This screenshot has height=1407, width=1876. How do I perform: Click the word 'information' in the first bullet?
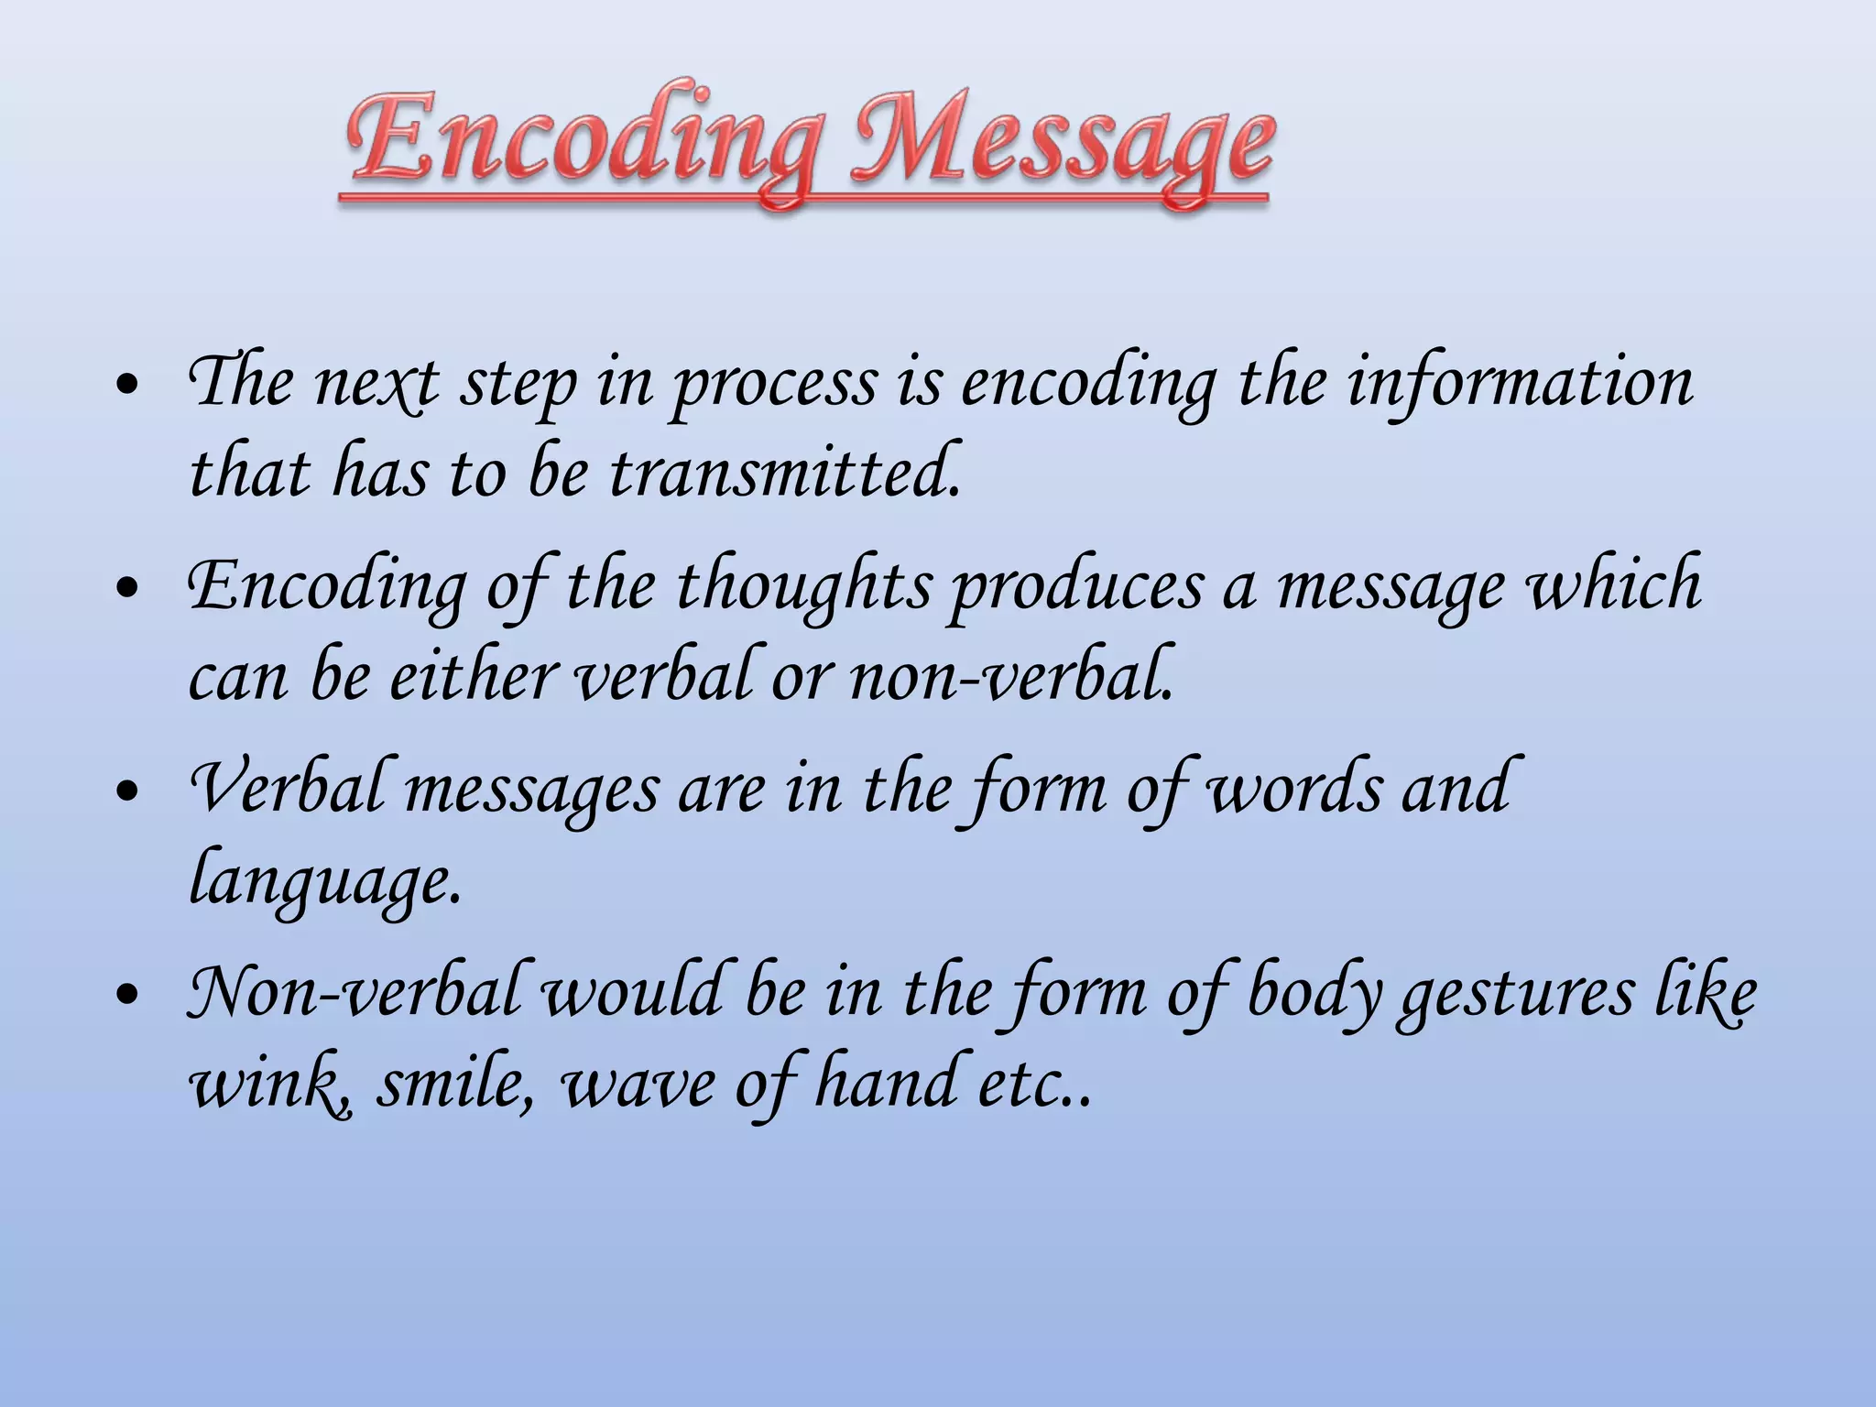point(1520,383)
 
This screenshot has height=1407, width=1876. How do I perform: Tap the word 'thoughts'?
point(802,586)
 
